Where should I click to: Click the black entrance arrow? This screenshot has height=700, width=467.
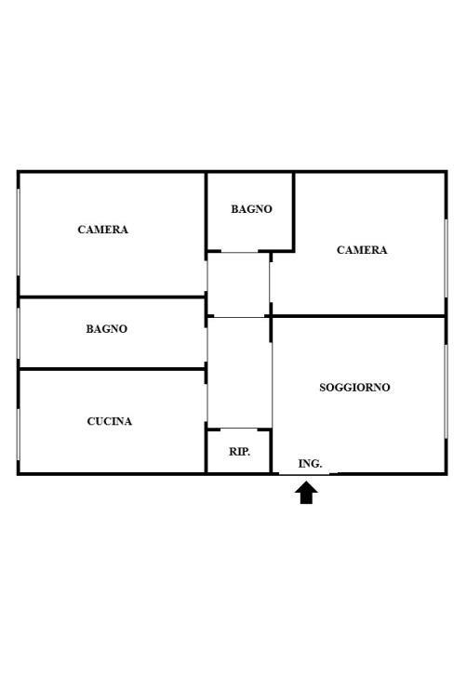306,493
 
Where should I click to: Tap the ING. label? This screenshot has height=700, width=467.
310,464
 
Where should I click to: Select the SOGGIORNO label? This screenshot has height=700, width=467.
354,388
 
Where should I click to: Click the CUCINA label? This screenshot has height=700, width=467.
110,421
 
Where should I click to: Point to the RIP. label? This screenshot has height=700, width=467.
239,452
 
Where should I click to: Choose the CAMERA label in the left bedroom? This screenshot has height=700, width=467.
102,230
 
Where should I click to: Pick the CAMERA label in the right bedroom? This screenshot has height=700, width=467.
362,250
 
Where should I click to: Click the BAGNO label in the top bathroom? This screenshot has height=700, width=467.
251,209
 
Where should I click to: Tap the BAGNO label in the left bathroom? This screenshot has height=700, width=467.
107,329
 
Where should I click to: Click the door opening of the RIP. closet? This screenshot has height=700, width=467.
239,429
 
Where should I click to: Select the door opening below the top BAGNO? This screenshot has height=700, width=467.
239,252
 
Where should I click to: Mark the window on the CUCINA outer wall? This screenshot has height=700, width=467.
19,434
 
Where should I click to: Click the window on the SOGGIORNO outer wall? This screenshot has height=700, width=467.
446,391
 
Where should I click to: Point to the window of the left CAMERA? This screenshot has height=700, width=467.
19,232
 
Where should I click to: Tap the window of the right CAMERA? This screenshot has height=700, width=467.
446,258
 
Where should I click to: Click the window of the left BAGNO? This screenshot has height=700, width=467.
19,333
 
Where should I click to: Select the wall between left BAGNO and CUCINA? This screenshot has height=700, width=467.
112,369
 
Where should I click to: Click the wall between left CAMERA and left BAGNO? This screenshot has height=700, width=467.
112,297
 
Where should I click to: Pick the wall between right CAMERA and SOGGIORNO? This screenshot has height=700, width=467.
358,316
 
